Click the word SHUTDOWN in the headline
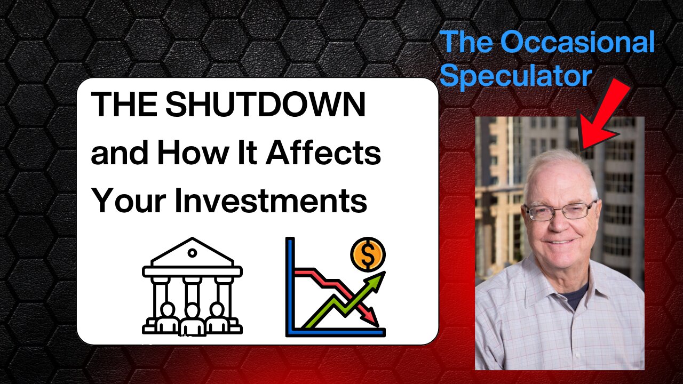[x=265, y=104]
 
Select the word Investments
[x=271, y=201]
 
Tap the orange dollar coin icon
[x=368, y=254]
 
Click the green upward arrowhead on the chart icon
[x=376, y=280]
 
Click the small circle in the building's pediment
[x=192, y=253]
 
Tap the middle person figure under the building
[x=192, y=319]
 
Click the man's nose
[x=559, y=224]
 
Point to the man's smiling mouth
[x=560, y=242]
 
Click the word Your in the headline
[x=129, y=201]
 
